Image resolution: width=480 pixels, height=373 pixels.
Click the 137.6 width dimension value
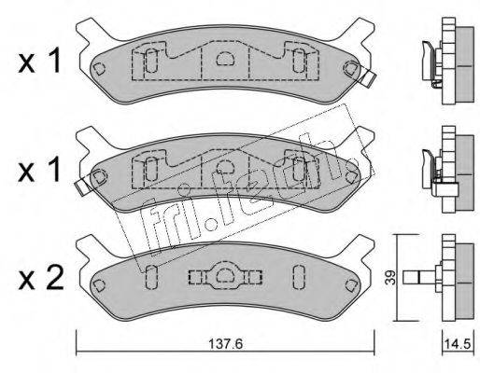(x=225, y=344)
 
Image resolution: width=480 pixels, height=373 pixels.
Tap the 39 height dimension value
(x=390, y=277)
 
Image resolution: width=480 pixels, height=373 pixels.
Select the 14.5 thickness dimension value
(x=459, y=344)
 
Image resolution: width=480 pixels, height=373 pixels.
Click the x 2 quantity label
(x=41, y=278)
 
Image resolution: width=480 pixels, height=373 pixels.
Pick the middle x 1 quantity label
(x=39, y=170)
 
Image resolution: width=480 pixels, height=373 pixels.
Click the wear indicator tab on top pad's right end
(x=368, y=77)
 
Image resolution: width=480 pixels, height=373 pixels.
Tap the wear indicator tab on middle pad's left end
(x=83, y=186)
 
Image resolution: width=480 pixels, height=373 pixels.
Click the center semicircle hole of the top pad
(x=225, y=59)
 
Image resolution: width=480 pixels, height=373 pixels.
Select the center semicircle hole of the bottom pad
(x=225, y=275)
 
